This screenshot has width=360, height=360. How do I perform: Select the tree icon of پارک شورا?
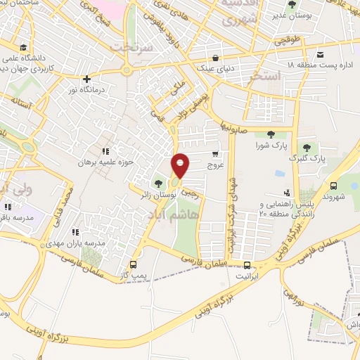click(271, 134)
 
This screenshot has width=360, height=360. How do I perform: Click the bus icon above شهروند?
click(334, 186)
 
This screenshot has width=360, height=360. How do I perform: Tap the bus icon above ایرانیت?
click(247, 265)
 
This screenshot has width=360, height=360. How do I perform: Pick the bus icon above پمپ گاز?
click(134, 265)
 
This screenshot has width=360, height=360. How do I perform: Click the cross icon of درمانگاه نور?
click(86, 79)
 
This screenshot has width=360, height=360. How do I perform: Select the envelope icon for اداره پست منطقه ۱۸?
click(321, 55)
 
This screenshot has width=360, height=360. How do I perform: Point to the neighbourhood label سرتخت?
click(133, 45)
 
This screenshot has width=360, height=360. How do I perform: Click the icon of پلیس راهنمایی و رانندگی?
click(287, 192)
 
